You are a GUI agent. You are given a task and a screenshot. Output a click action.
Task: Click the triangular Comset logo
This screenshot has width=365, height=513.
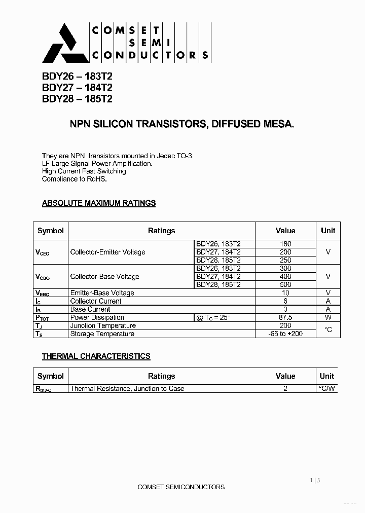[x=59, y=43]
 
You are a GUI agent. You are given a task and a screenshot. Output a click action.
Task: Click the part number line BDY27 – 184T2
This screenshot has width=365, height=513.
[x=77, y=87]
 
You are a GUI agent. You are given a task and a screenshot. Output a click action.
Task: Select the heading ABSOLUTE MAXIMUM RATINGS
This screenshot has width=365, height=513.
[x=99, y=203]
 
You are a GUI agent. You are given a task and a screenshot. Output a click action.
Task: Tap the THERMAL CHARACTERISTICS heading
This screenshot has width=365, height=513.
[x=96, y=356]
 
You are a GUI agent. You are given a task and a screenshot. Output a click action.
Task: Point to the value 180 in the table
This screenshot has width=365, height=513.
[x=285, y=244]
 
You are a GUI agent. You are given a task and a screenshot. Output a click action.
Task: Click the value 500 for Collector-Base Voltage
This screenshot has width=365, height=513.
[x=285, y=284]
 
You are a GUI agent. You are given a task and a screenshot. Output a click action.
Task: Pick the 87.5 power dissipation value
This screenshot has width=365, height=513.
[x=285, y=317]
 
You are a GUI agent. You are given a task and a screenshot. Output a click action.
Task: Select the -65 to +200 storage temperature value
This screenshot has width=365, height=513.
[x=285, y=334]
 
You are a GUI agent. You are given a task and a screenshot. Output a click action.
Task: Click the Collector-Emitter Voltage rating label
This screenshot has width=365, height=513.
[x=107, y=252]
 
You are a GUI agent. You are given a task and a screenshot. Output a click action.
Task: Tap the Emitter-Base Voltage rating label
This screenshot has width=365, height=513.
[x=102, y=293]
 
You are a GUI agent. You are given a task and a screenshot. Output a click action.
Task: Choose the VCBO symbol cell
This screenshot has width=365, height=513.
[x=43, y=277]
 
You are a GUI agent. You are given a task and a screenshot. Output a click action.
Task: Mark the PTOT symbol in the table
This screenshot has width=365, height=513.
[x=43, y=318]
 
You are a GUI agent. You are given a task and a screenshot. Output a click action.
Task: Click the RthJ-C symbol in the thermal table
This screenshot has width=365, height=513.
[x=44, y=389]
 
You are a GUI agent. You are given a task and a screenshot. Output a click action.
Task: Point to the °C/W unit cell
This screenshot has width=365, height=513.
[x=327, y=389]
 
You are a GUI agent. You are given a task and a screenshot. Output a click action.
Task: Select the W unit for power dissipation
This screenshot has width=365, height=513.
[x=328, y=317]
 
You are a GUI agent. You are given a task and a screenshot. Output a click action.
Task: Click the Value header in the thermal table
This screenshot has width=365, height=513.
[x=285, y=376]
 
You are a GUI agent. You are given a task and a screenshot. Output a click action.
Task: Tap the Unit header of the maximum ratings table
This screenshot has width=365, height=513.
[x=328, y=231]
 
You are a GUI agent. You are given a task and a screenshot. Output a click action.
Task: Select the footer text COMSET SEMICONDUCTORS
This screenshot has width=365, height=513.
[x=181, y=487]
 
